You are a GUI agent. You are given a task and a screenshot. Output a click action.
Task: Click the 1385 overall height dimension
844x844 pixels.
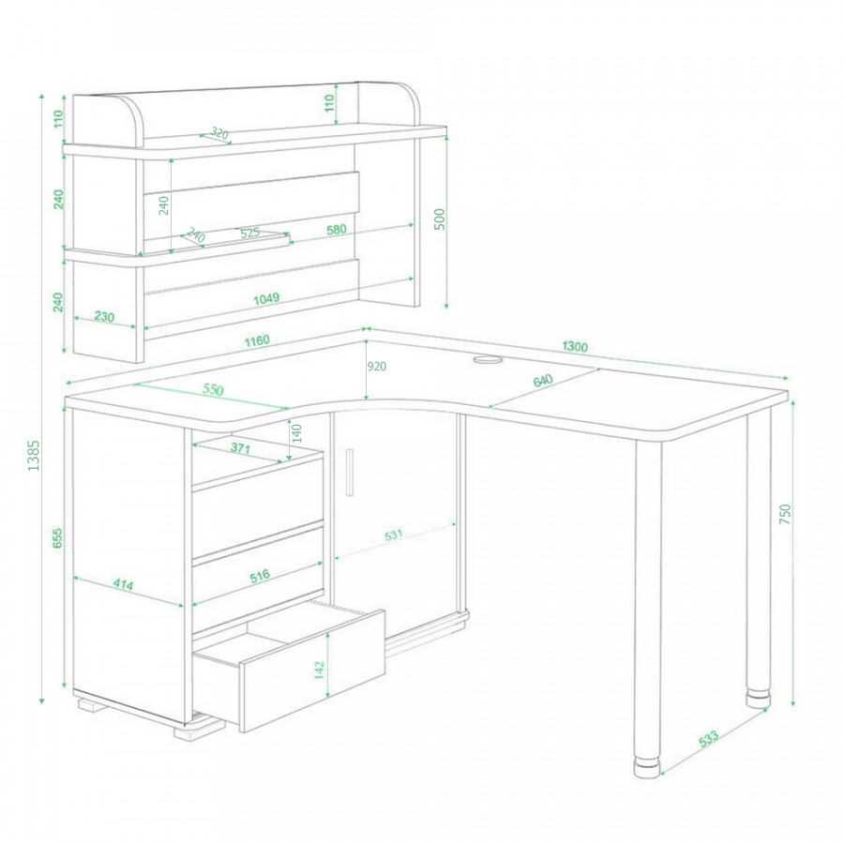coord(34,456)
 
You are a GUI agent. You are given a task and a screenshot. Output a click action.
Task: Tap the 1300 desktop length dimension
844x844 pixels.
coord(574,346)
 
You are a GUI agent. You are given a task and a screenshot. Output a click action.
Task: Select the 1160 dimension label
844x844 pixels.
coord(257,341)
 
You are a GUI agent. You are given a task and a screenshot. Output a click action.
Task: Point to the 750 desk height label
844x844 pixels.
coord(785,515)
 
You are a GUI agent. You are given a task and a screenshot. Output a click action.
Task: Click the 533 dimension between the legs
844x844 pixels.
coord(708,739)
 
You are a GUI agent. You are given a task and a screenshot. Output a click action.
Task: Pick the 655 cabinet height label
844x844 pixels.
coord(57,538)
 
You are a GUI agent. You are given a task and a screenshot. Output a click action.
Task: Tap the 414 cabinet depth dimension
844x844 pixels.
coord(123,584)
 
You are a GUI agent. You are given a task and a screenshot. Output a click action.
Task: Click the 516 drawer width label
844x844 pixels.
coord(260,577)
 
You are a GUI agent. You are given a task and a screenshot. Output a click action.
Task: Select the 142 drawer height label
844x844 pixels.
coord(319,671)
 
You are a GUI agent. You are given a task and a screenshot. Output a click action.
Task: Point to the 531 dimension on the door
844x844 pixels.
coord(394,535)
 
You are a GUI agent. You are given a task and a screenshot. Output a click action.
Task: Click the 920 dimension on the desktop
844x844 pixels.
coord(376,367)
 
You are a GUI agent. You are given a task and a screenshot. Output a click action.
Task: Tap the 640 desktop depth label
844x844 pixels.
coord(543,381)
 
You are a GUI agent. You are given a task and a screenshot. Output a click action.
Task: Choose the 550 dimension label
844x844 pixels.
coord(213,389)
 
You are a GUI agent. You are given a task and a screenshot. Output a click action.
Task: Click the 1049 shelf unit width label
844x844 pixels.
coord(266,299)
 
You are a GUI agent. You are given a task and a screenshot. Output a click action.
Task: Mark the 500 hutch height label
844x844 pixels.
coord(439,219)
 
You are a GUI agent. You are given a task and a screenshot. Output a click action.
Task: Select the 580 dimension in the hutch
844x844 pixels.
coord(337,230)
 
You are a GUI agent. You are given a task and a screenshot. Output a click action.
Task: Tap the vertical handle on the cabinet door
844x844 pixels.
coord(350,472)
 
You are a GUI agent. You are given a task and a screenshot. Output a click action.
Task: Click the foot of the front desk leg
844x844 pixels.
coord(646,768)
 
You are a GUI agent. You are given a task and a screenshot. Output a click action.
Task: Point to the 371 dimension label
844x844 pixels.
coord(239,448)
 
